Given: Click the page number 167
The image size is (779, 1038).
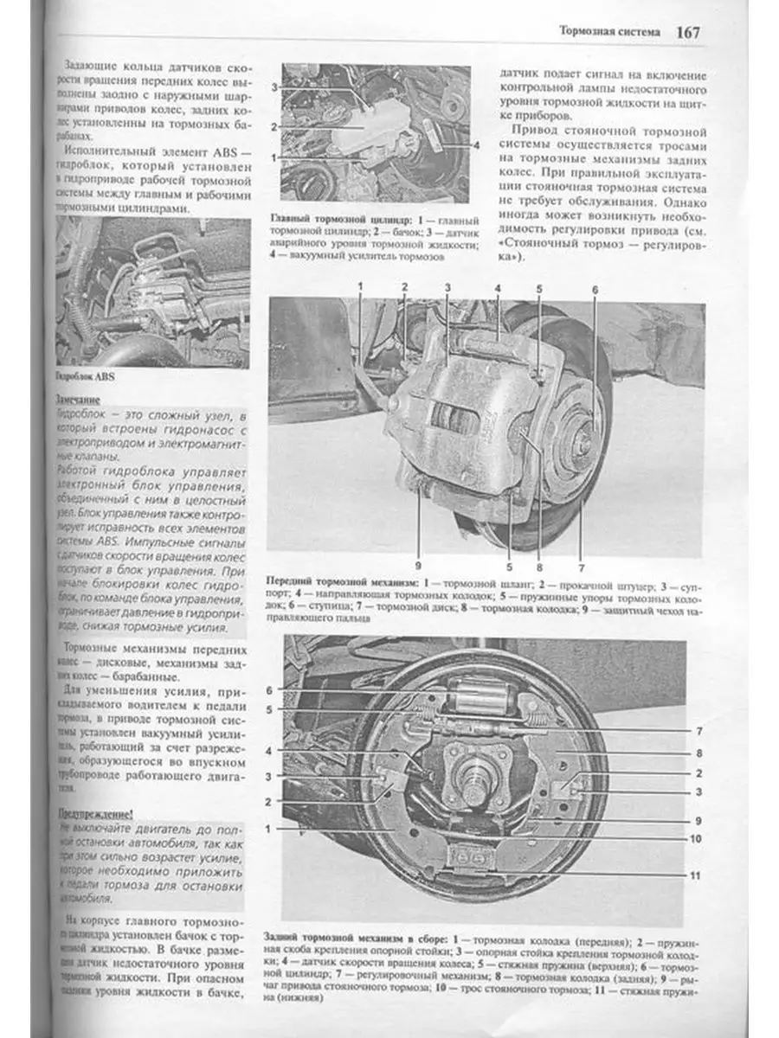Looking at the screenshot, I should pos(688,31).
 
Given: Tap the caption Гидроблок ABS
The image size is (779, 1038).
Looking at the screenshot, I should pos(84,377).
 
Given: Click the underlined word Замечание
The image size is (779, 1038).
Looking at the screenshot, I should pos(78,400).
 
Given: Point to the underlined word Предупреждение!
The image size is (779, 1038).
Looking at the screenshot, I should pos(95,813).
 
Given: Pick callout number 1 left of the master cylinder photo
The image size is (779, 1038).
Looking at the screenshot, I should pos(274,157).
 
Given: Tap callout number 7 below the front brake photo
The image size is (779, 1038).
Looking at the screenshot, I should pos(582,568).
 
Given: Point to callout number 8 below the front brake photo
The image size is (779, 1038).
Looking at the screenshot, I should pos(538,568).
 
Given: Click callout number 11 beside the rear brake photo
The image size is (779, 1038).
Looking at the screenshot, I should pos(695,875).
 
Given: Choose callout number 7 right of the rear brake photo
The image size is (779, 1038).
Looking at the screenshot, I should pos(697,730).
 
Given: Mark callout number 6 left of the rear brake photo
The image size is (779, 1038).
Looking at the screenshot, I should pos(269,690).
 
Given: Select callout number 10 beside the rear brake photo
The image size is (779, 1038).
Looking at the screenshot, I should pos(695,838).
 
